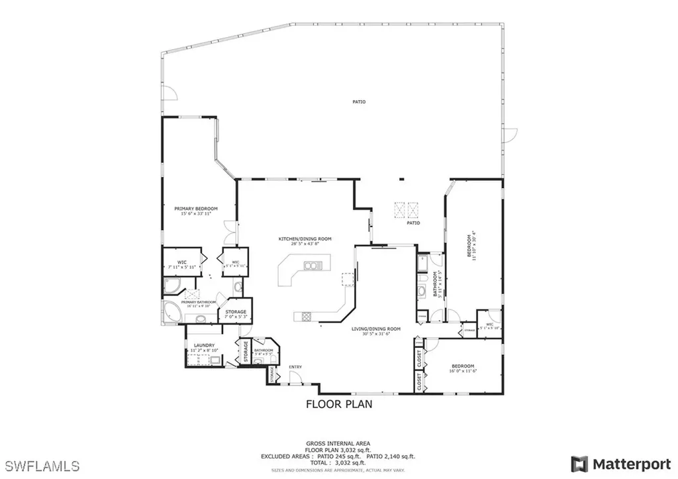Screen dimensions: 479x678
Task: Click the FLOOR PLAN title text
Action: [338, 403]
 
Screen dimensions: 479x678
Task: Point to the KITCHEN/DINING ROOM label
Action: [305, 239]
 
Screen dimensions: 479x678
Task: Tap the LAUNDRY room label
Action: [202, 345]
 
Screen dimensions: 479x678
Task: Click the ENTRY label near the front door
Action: [295, 367]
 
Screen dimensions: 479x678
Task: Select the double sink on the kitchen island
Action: [312, 266]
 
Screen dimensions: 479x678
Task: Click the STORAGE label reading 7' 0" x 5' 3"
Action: [236, 314]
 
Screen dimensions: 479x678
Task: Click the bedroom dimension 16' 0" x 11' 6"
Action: [463, 371]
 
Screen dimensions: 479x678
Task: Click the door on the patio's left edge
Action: [171, 94]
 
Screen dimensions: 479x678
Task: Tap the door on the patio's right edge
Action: [508, 135]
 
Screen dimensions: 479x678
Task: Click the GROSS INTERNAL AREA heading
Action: [338, 443]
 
